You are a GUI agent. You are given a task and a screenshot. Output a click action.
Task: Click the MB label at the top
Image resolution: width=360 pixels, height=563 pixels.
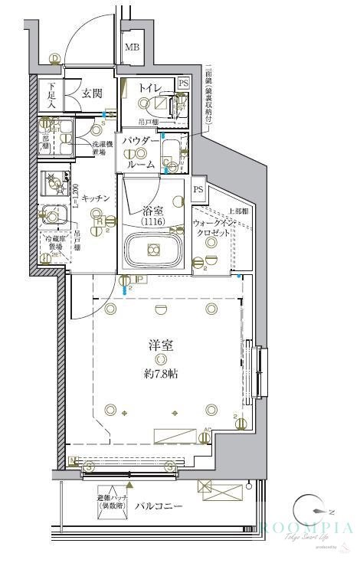click(133, 47)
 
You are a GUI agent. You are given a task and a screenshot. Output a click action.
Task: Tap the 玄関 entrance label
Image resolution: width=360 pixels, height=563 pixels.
click(92, 93)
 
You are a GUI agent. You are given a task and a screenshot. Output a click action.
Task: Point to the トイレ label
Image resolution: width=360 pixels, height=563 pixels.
click(149, 89)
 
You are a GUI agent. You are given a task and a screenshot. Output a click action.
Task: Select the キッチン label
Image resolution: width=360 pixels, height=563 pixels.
click(97, 198)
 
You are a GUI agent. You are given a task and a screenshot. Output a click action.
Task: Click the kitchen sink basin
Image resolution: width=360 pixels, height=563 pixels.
click(55, 215)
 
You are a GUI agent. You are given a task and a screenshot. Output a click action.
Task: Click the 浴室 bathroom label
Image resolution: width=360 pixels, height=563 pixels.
click(153, 210)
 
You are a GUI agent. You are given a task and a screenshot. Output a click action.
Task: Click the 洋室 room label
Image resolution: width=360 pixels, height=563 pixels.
click(160, 345)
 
